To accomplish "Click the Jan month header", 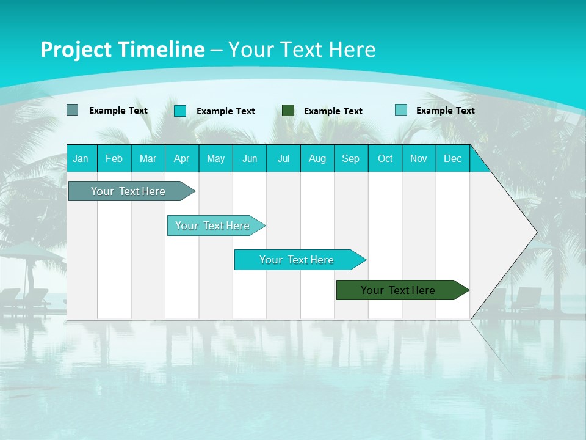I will (81, 159).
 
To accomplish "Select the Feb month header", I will (114, 159).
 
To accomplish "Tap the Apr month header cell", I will (182, 159).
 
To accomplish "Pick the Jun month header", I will (250, 159).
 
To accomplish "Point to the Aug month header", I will (317, 159).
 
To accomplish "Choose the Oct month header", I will (385, 159).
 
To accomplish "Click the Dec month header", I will (453, 159).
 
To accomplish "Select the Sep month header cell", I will (351, 159).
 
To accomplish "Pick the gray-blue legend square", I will (72, 110).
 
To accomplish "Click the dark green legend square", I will (288, 111).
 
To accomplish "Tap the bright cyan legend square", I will (180, 111).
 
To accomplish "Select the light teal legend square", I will (401, 110).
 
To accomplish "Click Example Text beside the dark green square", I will (333, 111).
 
